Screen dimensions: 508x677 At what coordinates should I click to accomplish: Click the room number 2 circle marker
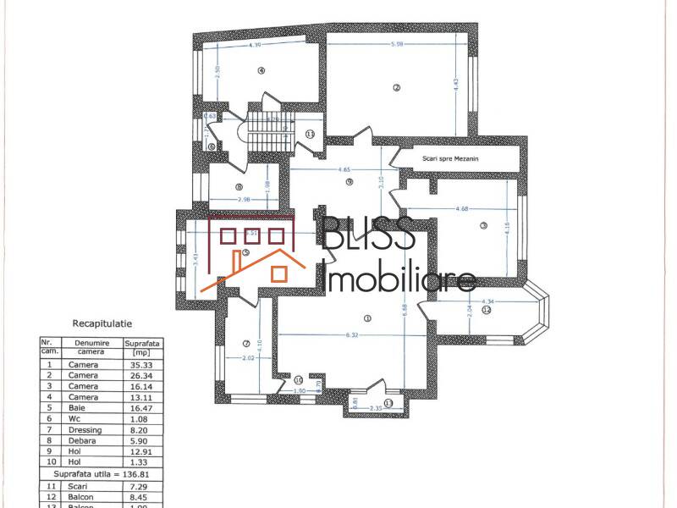[x=395, y=87]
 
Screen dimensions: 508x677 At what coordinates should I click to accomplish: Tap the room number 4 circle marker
[x=261, y=71]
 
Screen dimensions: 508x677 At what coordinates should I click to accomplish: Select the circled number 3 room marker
[x=483, y=225]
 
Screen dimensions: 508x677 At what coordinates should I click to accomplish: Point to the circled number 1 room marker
[x=366, y=318]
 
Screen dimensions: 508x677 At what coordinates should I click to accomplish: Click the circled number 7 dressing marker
[x=245, y=344]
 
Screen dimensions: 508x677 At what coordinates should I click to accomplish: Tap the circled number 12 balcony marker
[x=486, y=311]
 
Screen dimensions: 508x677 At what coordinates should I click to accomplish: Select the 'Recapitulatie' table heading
[x=102, y=323]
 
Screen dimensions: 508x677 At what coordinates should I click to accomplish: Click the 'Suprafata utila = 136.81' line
[x=101, y=475]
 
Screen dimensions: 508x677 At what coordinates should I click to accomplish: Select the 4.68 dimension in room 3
[x=462, y=208]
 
